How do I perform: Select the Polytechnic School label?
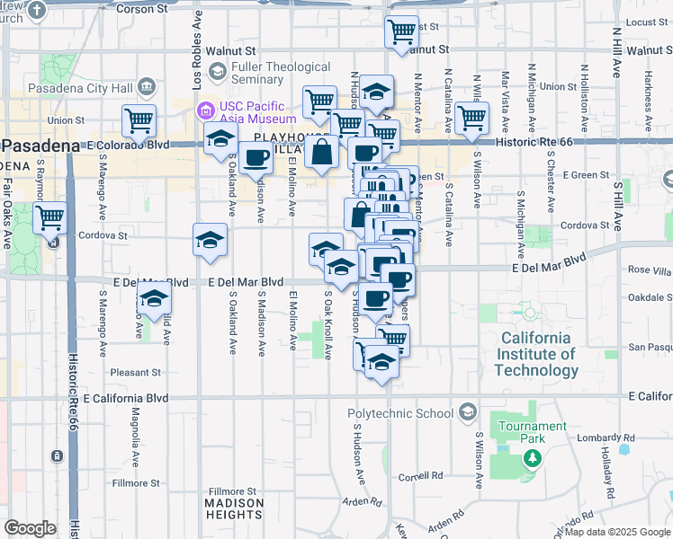click(x=400, y=413)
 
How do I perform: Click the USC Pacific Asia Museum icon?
click(x=203, y=111)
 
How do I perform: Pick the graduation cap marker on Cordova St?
click(x=210, y=241)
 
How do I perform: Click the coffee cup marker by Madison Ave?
click(x=256, y=158)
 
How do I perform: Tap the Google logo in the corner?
click(x=30, y=528)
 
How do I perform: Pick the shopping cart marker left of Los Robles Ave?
click(x=139, y=121)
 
